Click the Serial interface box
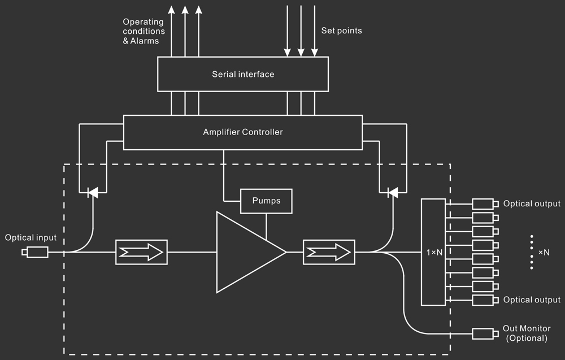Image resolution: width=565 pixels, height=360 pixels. [x=243, y=74]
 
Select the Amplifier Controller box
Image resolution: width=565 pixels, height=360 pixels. [x=243, y=132]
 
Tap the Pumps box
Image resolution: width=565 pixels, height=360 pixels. [x=266, y=201]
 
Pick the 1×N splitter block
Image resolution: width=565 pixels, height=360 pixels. [x=433, y=252]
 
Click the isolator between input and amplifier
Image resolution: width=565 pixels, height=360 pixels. [x=141, y=252]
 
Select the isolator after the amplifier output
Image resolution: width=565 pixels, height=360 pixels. [x=328, y=252]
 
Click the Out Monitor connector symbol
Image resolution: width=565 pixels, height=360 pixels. [x=484, y=333]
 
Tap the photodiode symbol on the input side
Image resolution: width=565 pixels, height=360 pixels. [x=92, y=193]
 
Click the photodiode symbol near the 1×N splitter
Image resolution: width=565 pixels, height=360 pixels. [x=391, y=193]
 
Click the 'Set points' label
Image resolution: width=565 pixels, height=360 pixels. [x=341, y=31]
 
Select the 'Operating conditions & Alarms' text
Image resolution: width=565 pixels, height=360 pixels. [x=143, y=31]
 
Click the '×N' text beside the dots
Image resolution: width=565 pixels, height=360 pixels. [x=544, y=252]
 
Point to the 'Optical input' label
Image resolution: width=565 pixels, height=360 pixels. [x=27, y=238]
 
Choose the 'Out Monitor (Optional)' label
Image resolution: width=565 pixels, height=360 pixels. [x=527, y=333]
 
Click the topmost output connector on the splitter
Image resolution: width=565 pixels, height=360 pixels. [x=484, y=203]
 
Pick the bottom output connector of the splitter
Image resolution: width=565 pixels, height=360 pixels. [x=484, y=300]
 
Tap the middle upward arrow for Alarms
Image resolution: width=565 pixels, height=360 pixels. [x=185, y=31]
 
